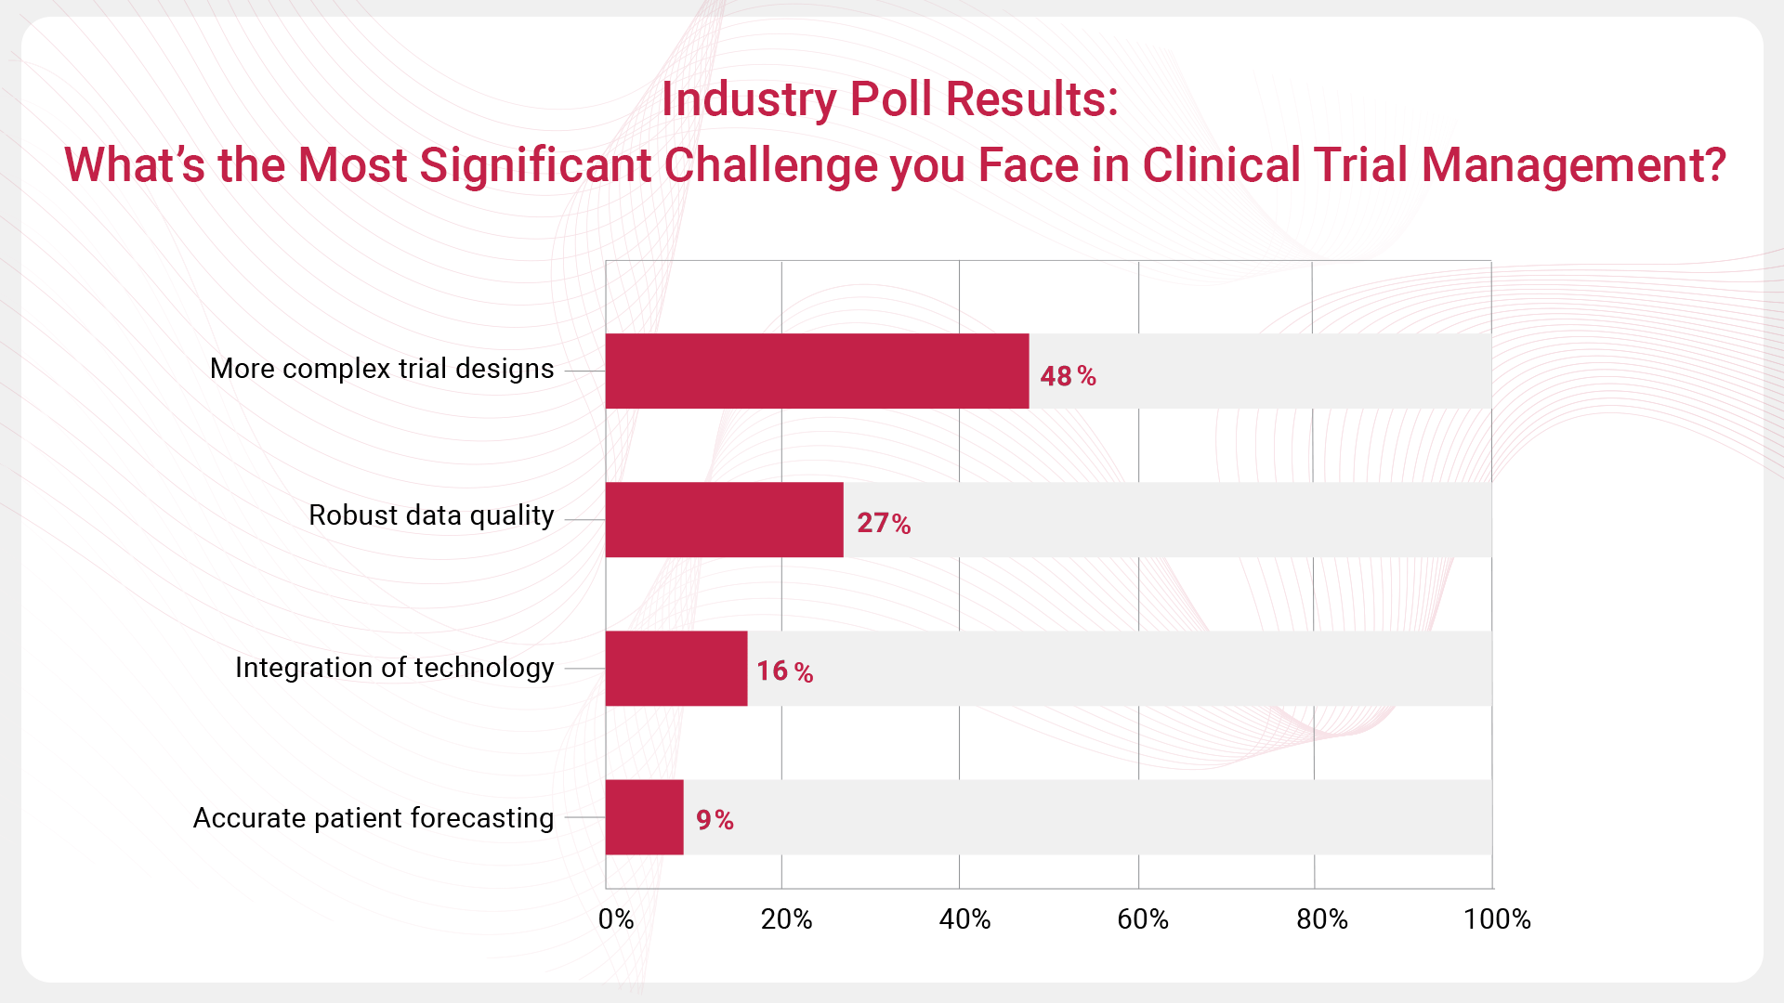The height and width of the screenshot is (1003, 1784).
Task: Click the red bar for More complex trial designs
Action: [x=817, y=371]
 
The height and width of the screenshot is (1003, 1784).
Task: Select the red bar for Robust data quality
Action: [x=724, y=519]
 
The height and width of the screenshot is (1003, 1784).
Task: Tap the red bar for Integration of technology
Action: [x=676, y=668]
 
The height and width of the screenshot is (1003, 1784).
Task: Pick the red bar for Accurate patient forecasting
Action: [x=644, y=816]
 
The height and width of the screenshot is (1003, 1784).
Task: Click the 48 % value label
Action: [x=1068, y=376]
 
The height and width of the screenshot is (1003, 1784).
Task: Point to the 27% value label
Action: [x=884, y=524]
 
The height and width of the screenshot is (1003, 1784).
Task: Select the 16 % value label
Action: [x=784, y=671]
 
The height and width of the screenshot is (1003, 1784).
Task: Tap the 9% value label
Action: [x=715, y=820]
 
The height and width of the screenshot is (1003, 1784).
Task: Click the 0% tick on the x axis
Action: [x=615, y=919]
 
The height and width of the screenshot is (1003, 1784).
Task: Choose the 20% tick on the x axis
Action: [x=786, y=919]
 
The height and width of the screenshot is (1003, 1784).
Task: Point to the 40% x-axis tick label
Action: [x=964, y=919]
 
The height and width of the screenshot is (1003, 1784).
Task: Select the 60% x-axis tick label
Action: [x=1142, y=919]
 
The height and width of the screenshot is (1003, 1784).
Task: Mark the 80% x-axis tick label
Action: [x=1321, y=919]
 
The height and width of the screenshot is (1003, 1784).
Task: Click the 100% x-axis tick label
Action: [x=1496, y=919]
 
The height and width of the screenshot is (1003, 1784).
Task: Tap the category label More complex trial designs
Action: [x=382, y=369]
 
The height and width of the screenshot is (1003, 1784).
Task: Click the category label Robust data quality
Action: [x=431, y=515]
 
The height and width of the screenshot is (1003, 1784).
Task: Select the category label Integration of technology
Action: [x=394, y=668]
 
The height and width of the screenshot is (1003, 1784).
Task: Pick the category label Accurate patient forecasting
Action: [x=374, y=818]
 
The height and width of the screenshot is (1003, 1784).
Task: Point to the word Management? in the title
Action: [x=1573, y=165]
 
